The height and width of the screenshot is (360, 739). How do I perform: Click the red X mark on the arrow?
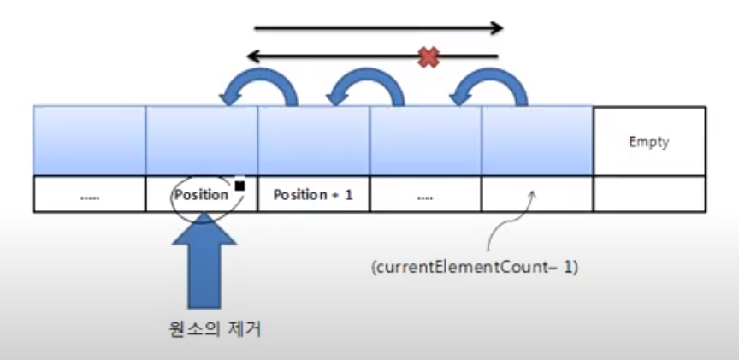[429, 57]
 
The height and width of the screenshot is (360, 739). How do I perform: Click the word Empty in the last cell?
[648, 142]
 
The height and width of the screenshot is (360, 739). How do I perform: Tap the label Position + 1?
[312, 194]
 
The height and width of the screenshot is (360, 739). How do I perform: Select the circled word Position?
[202, 194]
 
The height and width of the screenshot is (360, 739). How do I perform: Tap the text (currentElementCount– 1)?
[475, 268]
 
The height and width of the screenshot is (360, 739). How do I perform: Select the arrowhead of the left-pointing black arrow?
[252, 57]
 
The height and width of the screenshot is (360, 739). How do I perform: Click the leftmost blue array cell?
[89, 140]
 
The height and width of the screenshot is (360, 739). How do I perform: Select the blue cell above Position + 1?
[313, 140]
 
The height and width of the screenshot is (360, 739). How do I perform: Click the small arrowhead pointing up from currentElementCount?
[531, 196]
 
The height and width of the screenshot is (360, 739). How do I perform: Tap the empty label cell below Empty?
[648, 194]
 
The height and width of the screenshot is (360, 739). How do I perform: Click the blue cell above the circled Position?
[202, 140]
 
